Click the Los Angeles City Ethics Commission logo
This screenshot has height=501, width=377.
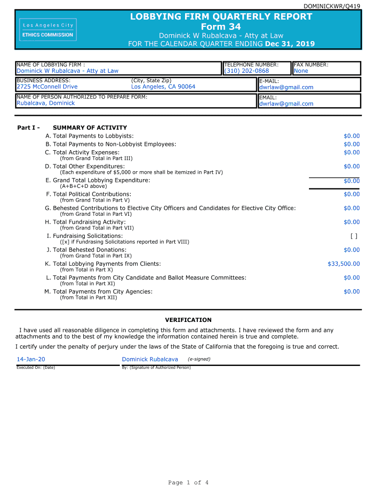pos(47,29)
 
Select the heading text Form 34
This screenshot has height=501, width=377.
pos(221,26)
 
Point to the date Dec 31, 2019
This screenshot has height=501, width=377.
pos(290,44)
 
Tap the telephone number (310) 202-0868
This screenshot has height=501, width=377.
pos(246,71)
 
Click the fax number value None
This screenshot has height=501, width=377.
pos(301,71)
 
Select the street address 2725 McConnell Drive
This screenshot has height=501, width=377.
pos(47,87)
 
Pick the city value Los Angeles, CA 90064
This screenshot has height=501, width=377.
pos(163,87)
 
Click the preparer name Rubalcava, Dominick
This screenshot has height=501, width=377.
pos(46,103)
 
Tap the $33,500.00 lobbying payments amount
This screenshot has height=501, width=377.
pos(343,264)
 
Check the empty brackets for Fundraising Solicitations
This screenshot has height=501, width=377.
pos(354,236)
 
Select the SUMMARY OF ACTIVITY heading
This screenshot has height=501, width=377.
pos(90,128)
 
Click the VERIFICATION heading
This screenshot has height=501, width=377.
pos(188,320)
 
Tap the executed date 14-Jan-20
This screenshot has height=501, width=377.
pos(31,360)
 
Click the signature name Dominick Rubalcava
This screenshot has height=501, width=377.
pos(150,360)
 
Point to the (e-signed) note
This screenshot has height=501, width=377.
pos(199,359)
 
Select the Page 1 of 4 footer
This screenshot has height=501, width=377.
pos(188,483)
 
